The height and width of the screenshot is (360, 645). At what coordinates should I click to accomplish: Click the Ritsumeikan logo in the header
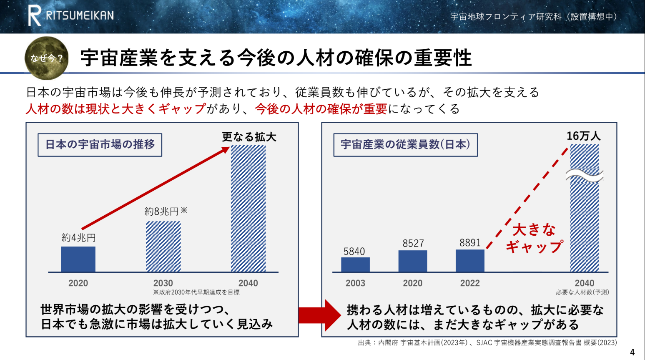71,15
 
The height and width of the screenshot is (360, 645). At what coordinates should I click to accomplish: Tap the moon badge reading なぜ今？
46,58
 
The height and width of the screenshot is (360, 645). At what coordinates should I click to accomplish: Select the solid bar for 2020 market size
78,259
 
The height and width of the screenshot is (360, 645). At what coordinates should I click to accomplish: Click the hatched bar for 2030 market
163,246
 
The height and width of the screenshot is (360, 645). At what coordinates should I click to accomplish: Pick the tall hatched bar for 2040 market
248,208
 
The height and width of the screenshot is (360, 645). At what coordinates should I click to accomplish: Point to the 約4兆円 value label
78,238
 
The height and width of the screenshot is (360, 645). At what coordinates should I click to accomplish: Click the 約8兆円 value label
166,211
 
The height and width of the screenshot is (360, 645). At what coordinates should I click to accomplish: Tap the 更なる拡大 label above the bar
249,137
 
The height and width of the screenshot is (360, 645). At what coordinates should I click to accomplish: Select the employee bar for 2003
355,264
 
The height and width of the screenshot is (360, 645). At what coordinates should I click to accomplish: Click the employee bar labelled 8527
413,261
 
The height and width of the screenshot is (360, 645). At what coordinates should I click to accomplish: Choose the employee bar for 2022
470,260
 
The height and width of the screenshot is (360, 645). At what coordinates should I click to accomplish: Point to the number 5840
354,252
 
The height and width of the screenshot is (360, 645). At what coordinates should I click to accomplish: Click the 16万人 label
584,136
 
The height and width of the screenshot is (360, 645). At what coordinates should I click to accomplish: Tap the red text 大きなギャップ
534,239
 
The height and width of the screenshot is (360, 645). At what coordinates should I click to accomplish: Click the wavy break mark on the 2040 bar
585,176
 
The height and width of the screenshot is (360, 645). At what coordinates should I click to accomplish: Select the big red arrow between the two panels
320,315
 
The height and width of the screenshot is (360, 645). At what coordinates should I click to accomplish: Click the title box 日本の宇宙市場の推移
100,145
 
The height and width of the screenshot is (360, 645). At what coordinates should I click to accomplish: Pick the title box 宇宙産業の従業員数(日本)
405,145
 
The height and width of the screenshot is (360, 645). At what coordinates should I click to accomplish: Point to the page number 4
632,352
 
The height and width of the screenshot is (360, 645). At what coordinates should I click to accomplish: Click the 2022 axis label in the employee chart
470,283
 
